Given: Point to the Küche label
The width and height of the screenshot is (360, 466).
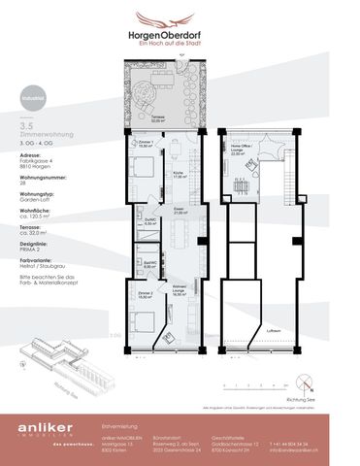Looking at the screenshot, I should [x=179, y=176].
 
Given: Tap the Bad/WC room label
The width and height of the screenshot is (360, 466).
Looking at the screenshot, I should [x=150, y=263].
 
